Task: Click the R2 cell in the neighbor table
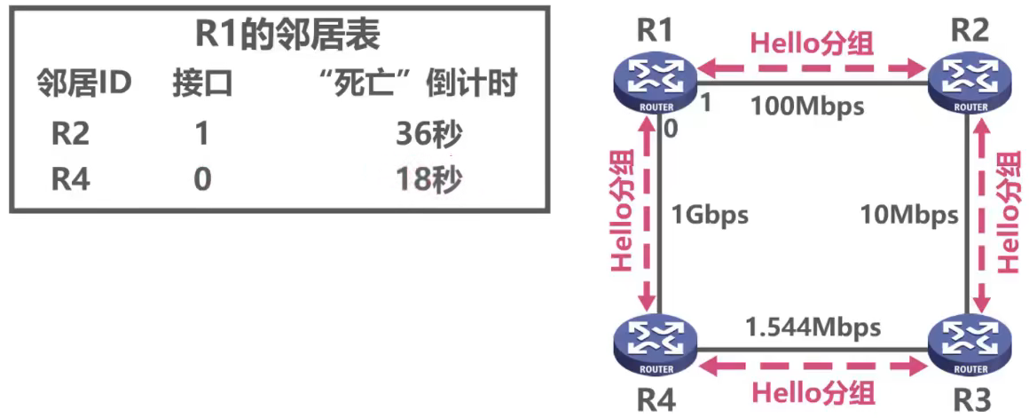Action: [x=71, y=136]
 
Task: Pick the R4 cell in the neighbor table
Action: [x=71, y=179]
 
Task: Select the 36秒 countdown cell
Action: [x=429, y=136]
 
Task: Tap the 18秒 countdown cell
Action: [x=429, y=179]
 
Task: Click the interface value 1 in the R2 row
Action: [x=202, y=136]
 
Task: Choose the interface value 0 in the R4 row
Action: [x=202, y=179]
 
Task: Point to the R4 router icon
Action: [x=655, y=343]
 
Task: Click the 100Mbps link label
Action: [x=806, y=106]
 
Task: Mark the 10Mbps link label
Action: [x=909, y=215]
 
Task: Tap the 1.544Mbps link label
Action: [x=812, y=327]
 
